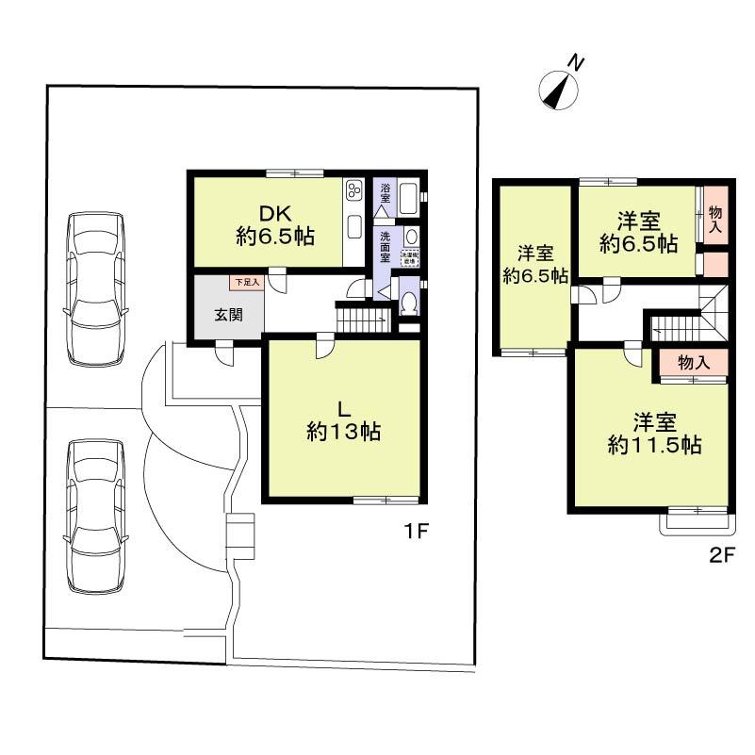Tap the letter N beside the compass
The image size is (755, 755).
[x=577, y=63]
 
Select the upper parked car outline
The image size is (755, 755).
[x=94, y=288]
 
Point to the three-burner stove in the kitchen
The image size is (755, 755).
[x=354, y=191]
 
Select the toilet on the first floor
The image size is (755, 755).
[x=409, y=302]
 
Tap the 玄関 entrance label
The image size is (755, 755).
[x=228, y=315]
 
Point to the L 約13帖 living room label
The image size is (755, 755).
[x=343, y=420]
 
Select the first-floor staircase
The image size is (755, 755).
[x=363, y=320]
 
